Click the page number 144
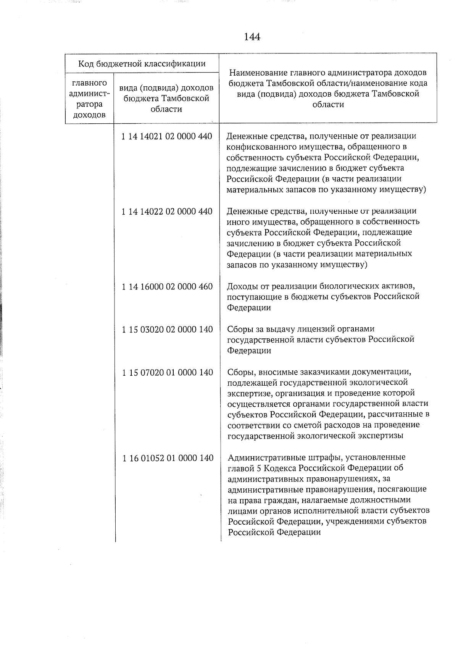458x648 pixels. [252, 37]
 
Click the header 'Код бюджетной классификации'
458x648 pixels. [142, 63]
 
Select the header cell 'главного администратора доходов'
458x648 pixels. [89, 99]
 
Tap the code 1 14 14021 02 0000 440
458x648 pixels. [167, 136]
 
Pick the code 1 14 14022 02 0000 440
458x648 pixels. [167, 212]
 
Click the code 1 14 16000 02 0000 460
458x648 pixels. [167, 287]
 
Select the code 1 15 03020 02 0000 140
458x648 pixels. [167, 330]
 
